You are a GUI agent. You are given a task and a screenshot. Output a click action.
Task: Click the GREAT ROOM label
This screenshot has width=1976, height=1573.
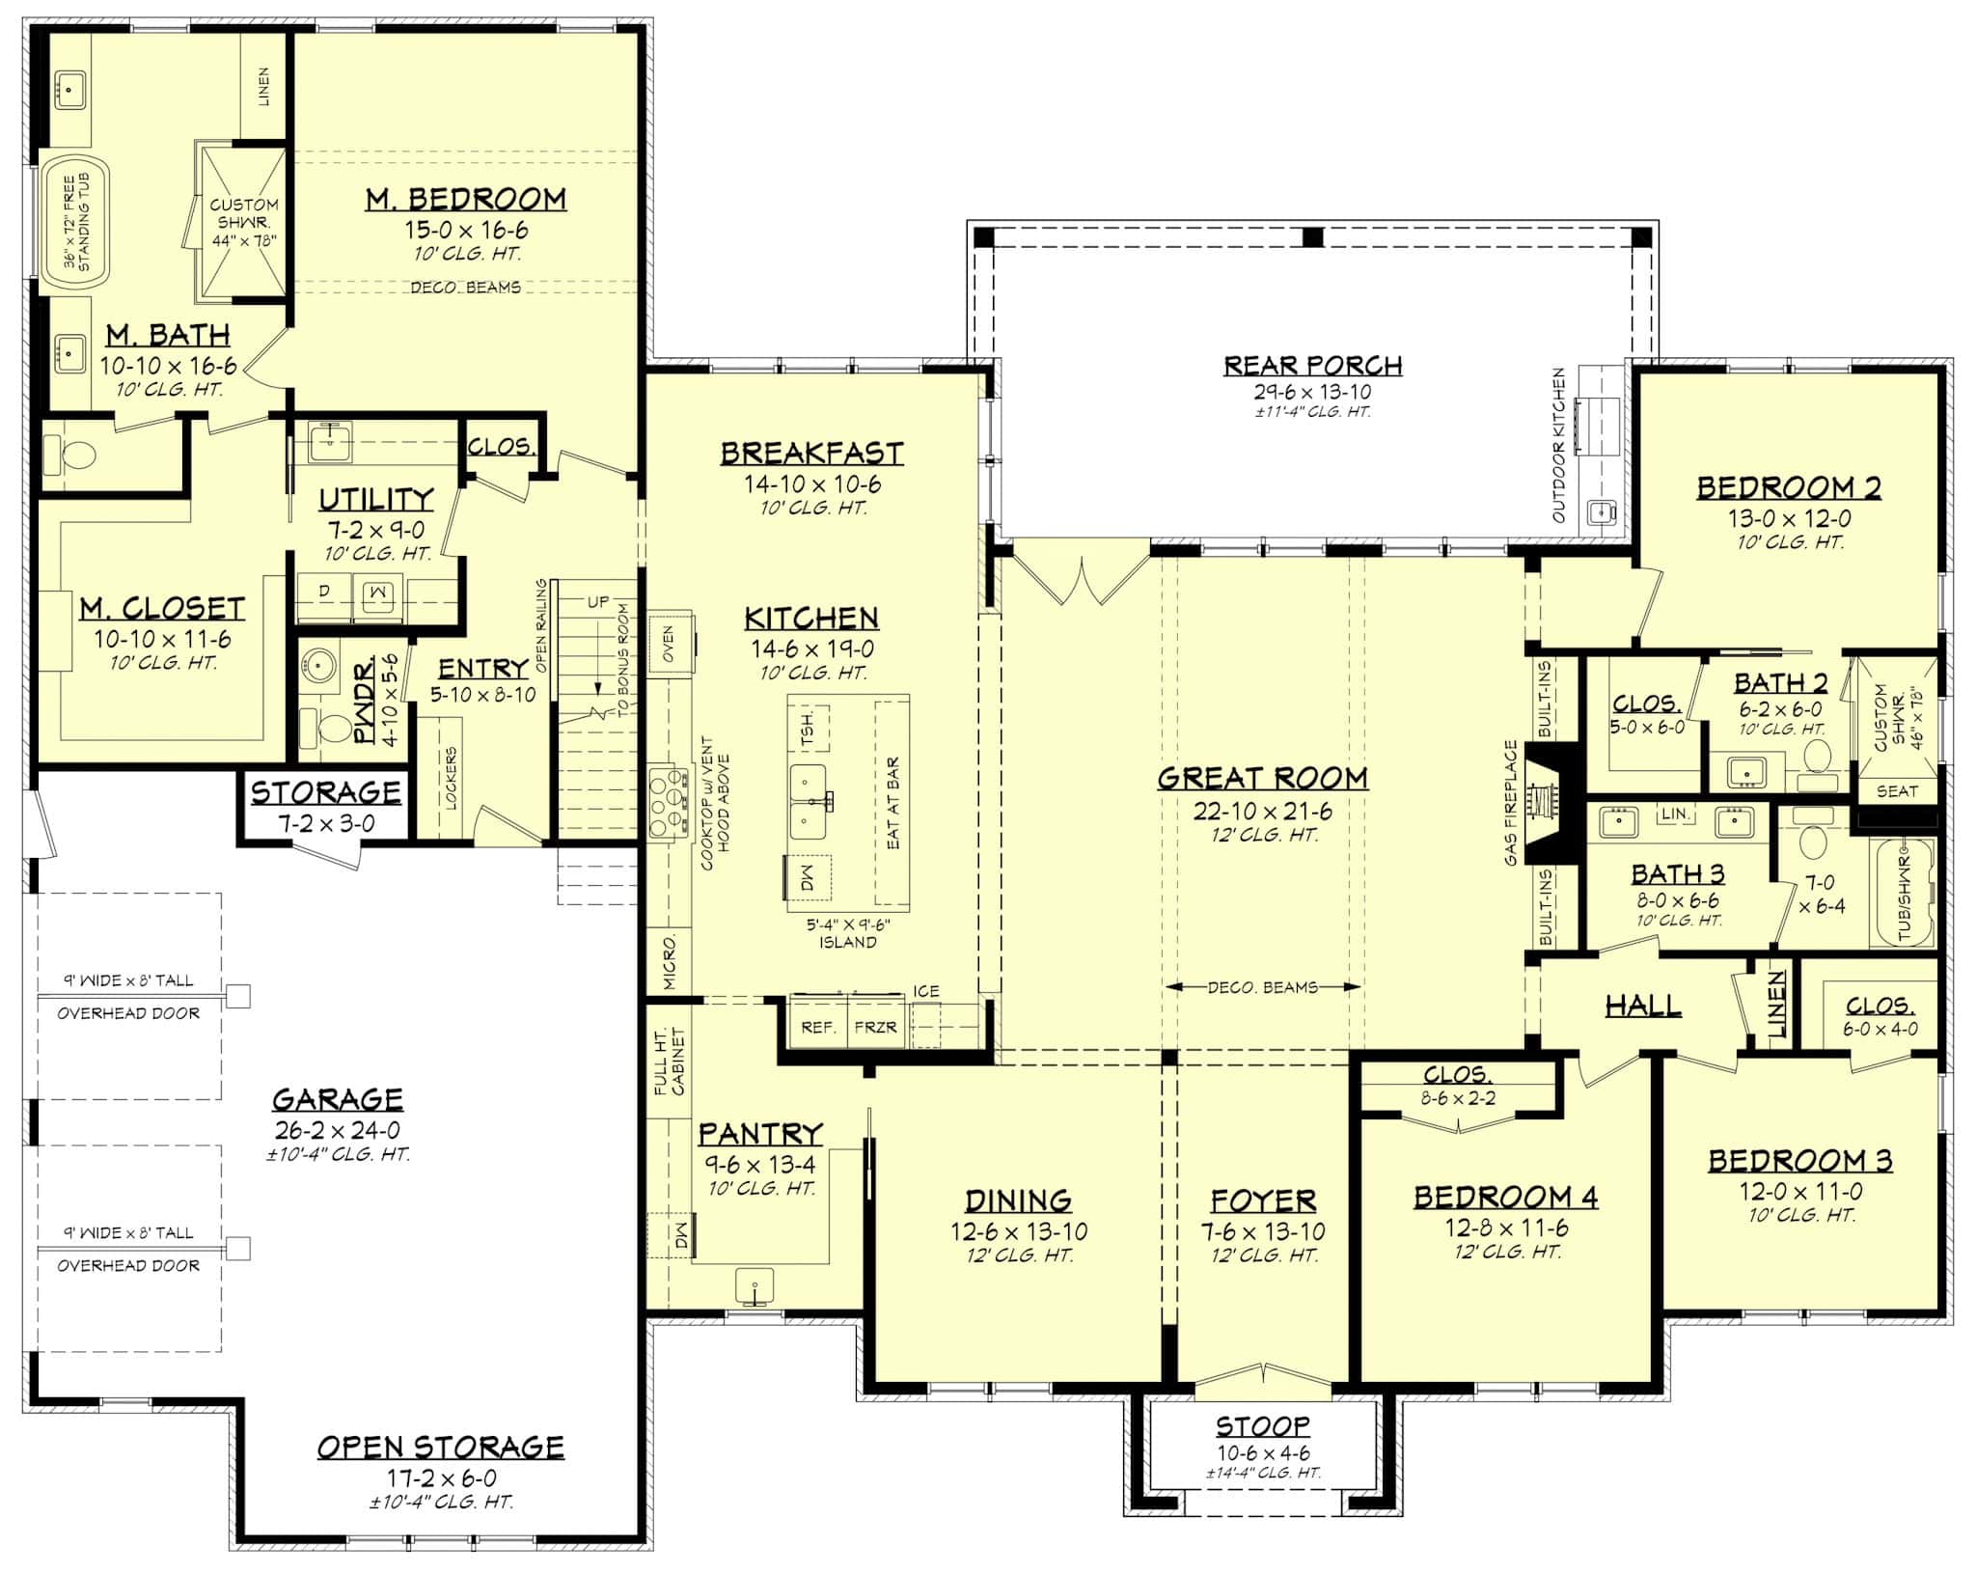(1262, 778)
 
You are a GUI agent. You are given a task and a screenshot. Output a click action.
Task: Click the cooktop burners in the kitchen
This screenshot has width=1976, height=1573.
(667, 801)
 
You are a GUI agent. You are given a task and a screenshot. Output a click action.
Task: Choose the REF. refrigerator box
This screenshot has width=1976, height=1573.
(818, 1027)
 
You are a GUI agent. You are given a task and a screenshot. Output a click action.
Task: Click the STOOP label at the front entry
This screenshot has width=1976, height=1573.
(1262, 1425)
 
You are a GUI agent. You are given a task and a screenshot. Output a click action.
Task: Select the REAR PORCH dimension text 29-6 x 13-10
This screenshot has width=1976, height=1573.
(1312, 392)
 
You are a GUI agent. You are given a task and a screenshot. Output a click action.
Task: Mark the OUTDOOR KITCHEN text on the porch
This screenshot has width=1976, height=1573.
(1558, 445)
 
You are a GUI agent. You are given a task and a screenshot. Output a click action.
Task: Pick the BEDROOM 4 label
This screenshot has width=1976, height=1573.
(1505, 1198)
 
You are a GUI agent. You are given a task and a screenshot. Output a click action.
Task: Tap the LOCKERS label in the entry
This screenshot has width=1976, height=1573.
(451, 778)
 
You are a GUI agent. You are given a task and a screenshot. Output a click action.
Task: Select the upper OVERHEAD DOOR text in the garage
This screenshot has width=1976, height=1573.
(128, 1013)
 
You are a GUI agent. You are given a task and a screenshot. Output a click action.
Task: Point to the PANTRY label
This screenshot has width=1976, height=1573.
(760, 1133)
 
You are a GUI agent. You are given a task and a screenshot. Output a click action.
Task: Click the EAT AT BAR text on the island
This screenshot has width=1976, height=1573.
(892, 803)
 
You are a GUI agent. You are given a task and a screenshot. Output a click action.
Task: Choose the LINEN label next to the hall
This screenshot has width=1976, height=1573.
(1776, 1004)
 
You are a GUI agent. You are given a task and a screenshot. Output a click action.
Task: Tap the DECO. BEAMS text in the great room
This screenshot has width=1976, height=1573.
(1262, 987)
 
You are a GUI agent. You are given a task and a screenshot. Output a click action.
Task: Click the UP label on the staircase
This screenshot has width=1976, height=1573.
(597, 601)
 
